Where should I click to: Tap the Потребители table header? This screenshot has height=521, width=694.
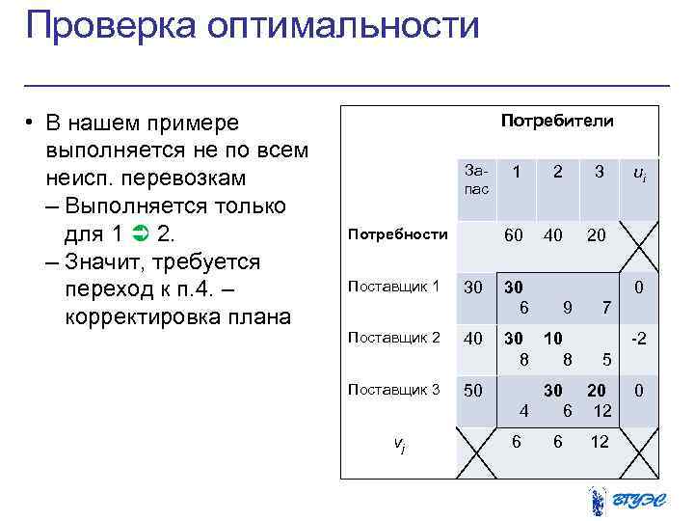pyautogui.click(x=557, y=122)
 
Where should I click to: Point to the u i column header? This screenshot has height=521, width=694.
pyautogui.click(x=639, y=173)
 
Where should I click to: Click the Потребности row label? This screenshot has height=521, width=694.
pyautogui.click(x=397, y=234)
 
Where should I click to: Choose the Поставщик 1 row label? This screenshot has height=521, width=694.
pyautogui.click(x=393, y=287)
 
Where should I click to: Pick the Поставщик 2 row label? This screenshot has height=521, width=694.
pyautogui.click(x=393, y=338)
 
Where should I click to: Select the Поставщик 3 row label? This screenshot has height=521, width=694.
pyautogui.click(x=393, y=390)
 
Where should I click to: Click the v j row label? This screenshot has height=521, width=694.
pyautogui.click(x=399, y=444)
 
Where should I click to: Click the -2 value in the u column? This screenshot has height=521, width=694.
pyautogui.click(x=639, y=339)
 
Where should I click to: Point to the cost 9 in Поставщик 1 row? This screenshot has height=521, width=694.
pyautogui.click(x=568, y=308)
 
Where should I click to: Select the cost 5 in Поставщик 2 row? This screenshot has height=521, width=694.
pyautogui.click(x=604, y=360)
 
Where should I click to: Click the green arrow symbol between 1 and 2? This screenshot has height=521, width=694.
pyautogui.click(x=138, y=233)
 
